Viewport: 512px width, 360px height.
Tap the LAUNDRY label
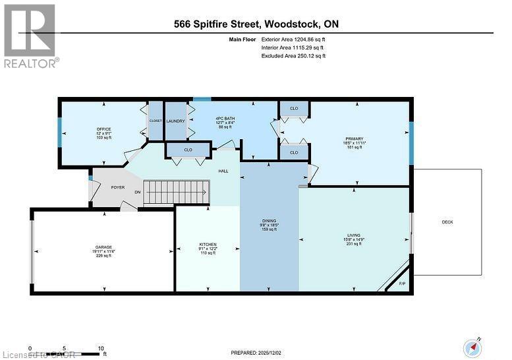175,121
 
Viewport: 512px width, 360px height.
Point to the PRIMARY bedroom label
353,139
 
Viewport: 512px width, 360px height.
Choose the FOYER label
117,187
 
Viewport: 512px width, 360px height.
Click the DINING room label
268,221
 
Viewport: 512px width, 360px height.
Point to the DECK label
447,222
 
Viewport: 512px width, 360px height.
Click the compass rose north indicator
472,346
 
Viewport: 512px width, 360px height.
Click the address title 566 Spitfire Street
255,24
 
